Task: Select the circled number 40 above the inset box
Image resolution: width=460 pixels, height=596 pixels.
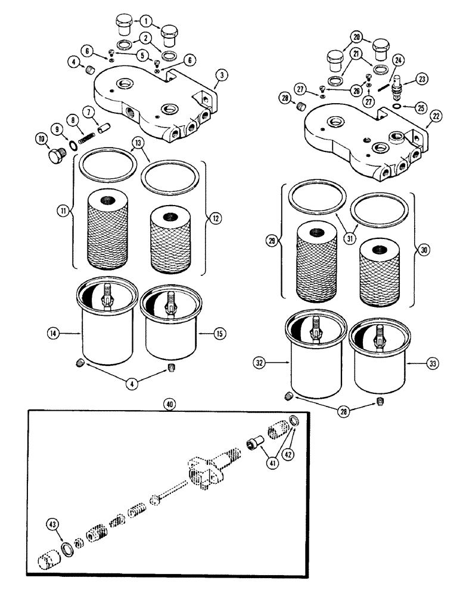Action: click(x=171, y=403)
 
